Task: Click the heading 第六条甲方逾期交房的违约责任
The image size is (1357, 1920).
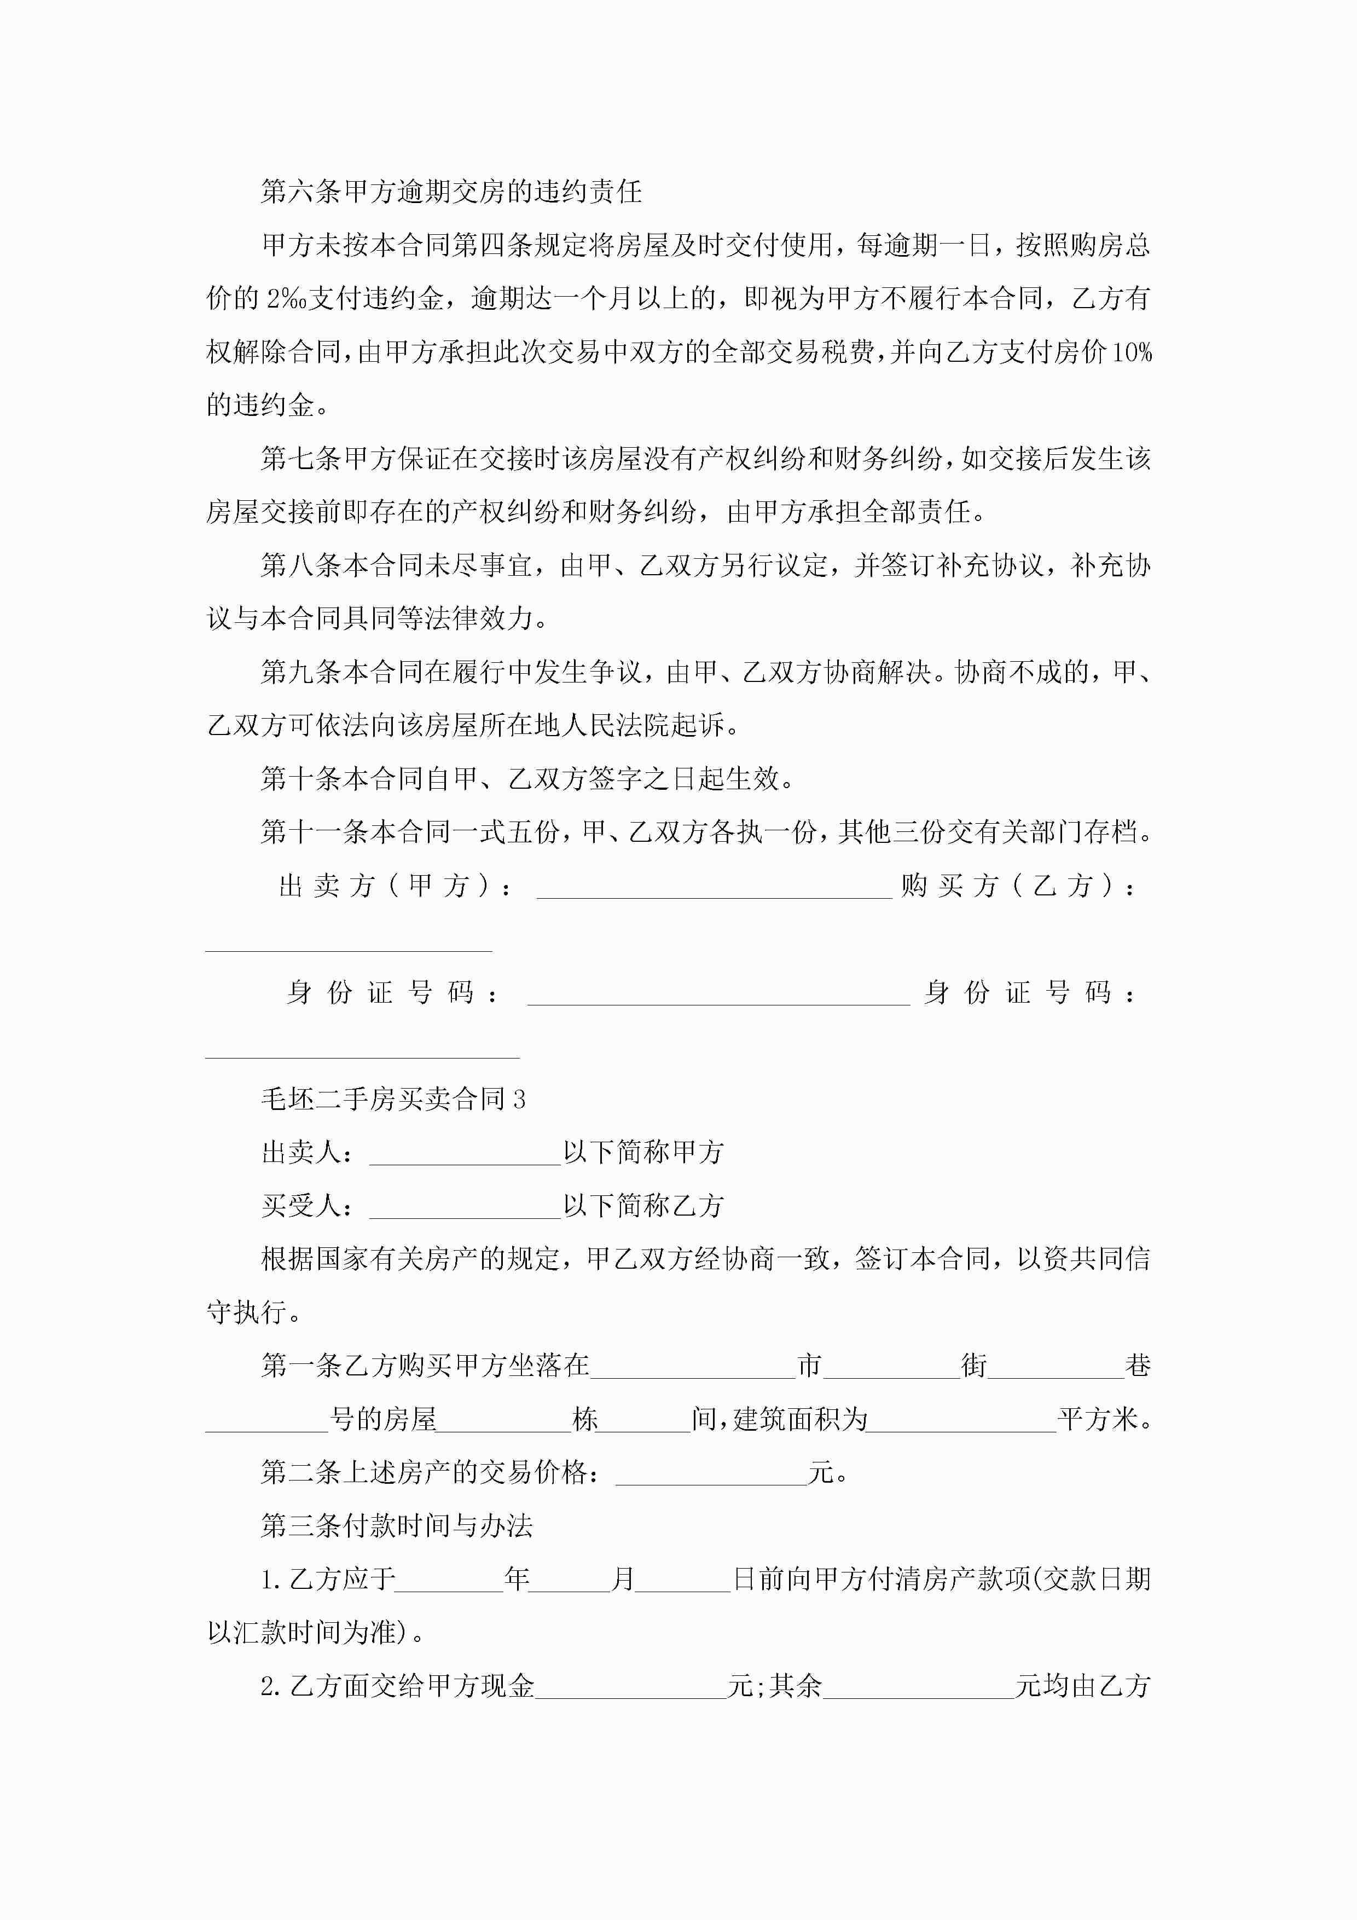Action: pos(451,192)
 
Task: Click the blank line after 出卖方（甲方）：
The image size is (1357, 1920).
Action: pos(714,888)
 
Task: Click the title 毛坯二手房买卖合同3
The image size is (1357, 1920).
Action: pos(393,1099)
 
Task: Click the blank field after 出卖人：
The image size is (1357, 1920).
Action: pos(465,1154)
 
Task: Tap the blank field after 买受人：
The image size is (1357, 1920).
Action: pos(465,1207)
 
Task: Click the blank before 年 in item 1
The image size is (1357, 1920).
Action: pos(449,1581)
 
